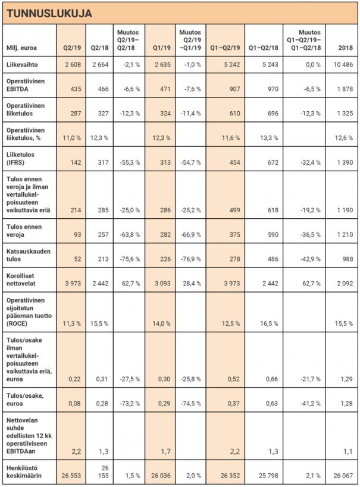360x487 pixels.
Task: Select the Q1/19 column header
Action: point(162,46)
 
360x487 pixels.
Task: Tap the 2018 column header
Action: point(344,46)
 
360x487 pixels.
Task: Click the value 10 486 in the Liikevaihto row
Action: point(342,64)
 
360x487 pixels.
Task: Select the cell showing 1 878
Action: point(343,89)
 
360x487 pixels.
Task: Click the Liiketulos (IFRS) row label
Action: point(21,157)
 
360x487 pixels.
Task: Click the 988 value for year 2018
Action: point(347,260)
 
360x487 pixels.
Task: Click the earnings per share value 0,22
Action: point(74,378)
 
